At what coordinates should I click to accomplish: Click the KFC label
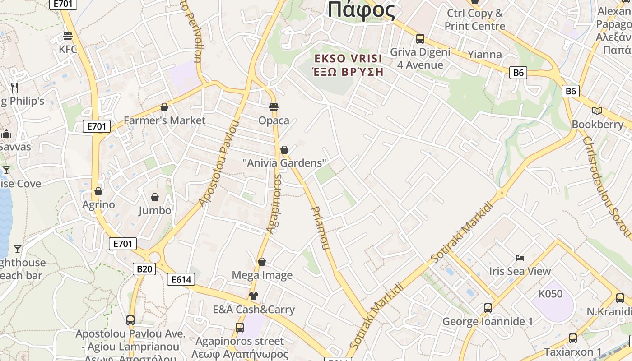click(x=68, y=49)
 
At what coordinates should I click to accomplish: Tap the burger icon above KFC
click(x=68, y=36)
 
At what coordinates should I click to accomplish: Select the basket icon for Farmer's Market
click(x=164, y=107)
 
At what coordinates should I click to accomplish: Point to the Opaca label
click(x=274, y=120)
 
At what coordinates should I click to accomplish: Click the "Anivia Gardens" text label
click(x=284, y=162)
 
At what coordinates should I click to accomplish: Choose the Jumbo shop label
click(x=155, y=210)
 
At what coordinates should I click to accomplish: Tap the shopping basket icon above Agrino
click(x=98, y=191)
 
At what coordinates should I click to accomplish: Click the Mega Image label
click(x=262, y=275)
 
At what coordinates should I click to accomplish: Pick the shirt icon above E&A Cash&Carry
click(x=254, y=296)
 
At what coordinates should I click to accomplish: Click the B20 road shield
click(x=144, y=269)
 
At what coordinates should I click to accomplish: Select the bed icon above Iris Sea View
click(x=520, y=258)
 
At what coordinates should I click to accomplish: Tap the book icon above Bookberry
click(x=597, y=111)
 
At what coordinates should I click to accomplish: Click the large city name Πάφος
click(x=361, y=10)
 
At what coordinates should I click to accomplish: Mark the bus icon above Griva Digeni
click(x=420, y=39)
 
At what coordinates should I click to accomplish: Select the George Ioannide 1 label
click(x=488, y=322)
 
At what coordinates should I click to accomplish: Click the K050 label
click(x=550, y=294)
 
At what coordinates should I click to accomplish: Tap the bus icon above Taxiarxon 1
click(x=573, y=338)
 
